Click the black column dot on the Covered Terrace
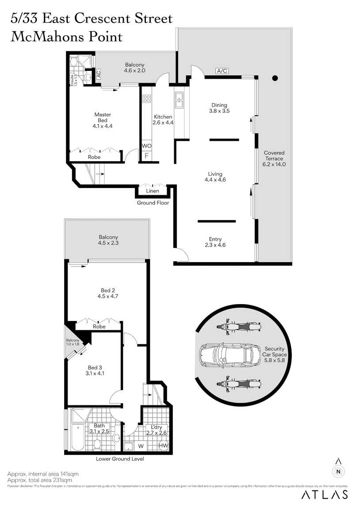pyautogui.click(x=275, y=78)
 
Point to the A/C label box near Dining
pyautogui.click(x=222, y=71)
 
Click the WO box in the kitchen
pyautogui.click(x=146, y=146)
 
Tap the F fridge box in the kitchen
pyautogui.click(x=146, y=156)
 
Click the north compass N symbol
pyautogui.click(x=338, y=471)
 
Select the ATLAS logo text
pyautogui.click(x=325, y=495)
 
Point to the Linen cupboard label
pyautogui.click(x=153, y=191)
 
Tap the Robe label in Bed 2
pyautogui.click(x=99, y=327)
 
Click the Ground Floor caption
pyautogui.click(x=153, y=203)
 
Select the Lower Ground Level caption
pyautogui.click(x=120, y=459)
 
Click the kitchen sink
pyautogui.click(x=179, y=100)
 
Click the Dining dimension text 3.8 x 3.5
pyautogui.click(x=219, y=111)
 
